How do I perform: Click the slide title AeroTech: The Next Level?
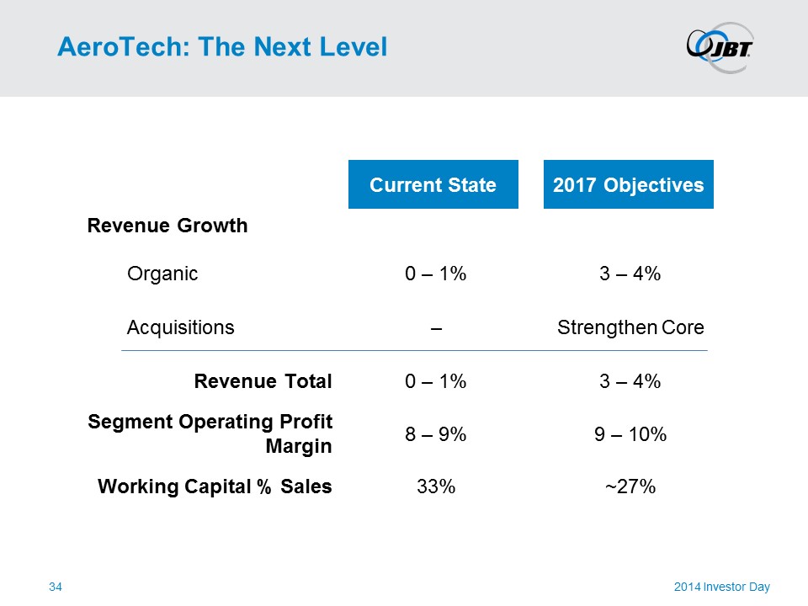click(x=222, y=47)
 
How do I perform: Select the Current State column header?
click(x=433, y=185)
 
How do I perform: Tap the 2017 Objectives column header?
click(x=628, y=185)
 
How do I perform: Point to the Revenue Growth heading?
click(x=167, y=226)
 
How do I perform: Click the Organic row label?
click(x=162, y=274)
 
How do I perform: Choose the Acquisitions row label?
click(x=180, y=327)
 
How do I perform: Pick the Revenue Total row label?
click(x=263, y=381)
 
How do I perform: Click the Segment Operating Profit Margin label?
click(x=210, y=433)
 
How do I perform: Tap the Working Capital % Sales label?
click(x=215, y=486)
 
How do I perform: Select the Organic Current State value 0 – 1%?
click(x=435, y=274)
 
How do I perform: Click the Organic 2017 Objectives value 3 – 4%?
click(x=630, y=274)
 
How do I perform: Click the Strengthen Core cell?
click(x=630, y=327)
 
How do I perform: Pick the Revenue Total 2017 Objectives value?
click(x=630, y=381)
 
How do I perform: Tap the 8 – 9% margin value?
click(x=435, y=434)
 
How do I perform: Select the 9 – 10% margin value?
click(x=630, y=434)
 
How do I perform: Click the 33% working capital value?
click(x=436, y=486)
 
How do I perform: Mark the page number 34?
click(x=56, y=587)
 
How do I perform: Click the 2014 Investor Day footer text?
click(x=721, y=587)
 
